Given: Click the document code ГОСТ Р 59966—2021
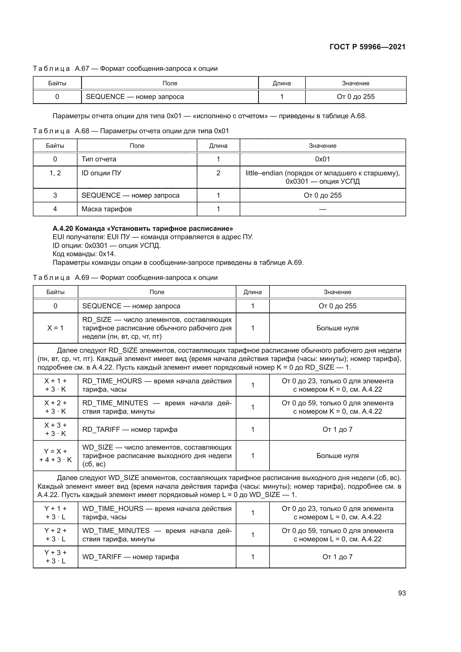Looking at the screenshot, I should coord(367,47).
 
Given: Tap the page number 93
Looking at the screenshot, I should coord(402,593).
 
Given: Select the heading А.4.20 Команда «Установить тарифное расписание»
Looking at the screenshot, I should coord(143,229).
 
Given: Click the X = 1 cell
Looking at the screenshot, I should coord(55,328).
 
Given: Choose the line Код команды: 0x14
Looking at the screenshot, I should coord(84,254).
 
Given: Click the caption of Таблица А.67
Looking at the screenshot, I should coord(125,69).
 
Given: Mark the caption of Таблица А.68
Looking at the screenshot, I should coord(131,131).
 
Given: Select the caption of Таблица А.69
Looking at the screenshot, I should coord(125,277).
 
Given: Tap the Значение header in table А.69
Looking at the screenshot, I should coord(337,292).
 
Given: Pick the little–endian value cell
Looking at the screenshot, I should coord(322,177).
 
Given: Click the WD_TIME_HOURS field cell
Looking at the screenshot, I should coord(157,513).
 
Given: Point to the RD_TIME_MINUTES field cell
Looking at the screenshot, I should coord(157,407).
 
